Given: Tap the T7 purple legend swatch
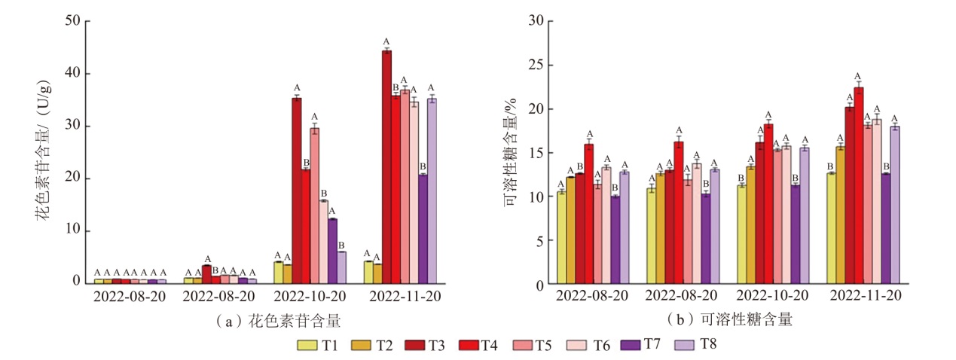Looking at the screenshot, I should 630,345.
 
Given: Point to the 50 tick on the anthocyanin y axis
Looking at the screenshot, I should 74,21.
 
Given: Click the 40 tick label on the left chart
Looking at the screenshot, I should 74,74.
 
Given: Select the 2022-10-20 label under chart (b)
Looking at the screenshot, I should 777,297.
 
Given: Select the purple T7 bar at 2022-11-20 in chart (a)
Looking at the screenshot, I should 423,228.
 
